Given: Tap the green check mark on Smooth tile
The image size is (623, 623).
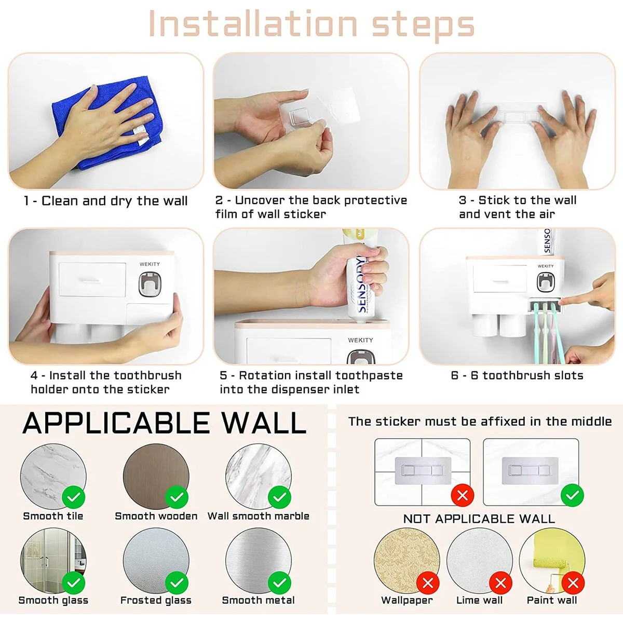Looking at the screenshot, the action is (x=74, y=497).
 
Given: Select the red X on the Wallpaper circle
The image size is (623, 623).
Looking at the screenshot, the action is (x=428, y=583).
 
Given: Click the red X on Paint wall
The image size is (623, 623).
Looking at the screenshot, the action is (x=573, y=583).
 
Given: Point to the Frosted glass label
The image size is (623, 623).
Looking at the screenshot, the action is (x=156, y=600).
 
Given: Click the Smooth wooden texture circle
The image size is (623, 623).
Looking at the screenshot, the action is (x=156, y=477).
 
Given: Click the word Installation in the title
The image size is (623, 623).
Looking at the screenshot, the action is (x=253, y=23).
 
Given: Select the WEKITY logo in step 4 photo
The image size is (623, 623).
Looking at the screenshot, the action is (x=150, y=264).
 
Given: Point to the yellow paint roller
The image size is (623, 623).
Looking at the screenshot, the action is (x=552, y=556).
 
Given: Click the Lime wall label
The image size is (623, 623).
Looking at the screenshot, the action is (x=479, y=600).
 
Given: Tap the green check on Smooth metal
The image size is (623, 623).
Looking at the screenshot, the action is (x=280, y=583).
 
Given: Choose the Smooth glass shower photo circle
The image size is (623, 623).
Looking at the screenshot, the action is (x=53, y=561).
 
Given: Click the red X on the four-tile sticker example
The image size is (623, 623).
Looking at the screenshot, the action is (x=463, y=495).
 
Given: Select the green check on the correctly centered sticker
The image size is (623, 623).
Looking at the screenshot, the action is (x=572, y=495).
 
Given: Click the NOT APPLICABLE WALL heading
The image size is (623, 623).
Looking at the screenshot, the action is (x=479, y=519).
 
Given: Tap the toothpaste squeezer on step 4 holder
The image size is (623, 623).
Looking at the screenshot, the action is (x=150, y=284).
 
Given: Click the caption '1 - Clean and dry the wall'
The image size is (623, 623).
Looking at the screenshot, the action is (x=106, y=201).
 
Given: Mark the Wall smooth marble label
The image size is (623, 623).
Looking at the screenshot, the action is (x=259, y=516).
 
